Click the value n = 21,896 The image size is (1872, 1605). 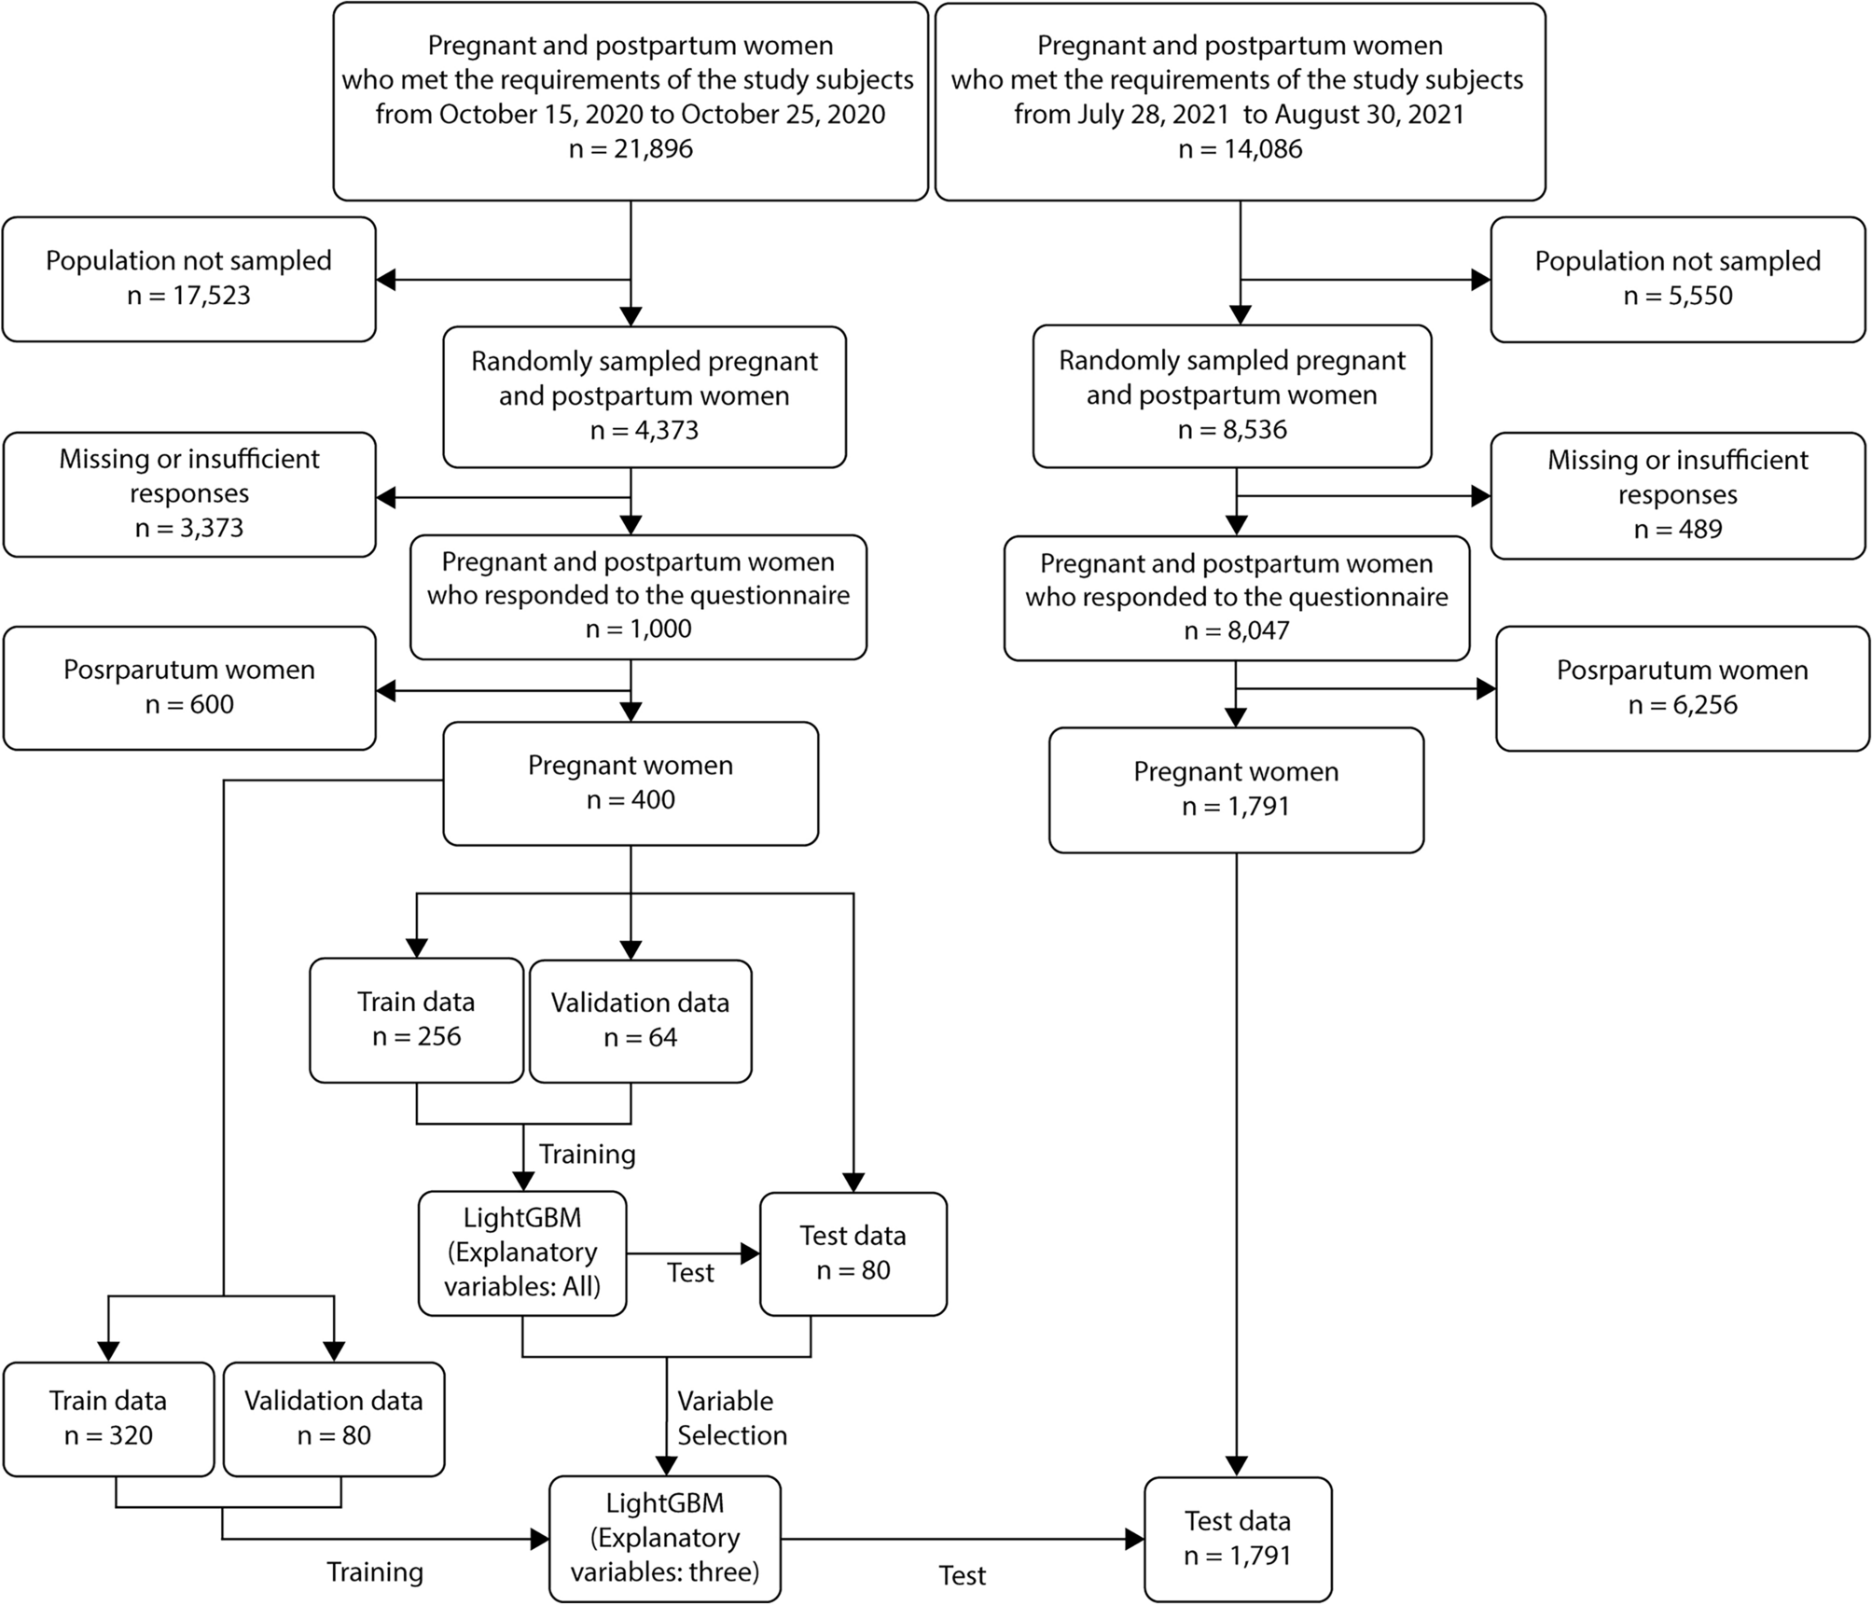pos(631,149)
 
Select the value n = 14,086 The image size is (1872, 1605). pos(1240,149)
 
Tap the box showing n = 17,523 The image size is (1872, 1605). pos(189,279)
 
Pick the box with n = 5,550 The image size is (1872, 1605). pos(1677,279)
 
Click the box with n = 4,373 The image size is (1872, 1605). pos(644,396)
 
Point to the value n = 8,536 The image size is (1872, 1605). pos(1232,430)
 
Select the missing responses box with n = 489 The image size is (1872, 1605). pos(1677,495)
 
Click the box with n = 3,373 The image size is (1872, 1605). pos(189,494)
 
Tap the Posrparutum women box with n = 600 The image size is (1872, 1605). pos(189,687)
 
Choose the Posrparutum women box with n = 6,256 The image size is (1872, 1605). pos(1682,688)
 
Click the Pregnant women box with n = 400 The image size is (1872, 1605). pos(631,783)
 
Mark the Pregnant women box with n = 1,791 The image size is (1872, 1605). pos(1236,790)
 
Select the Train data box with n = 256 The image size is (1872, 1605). pos(416,1020)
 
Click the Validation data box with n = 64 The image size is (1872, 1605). pos(640,1021)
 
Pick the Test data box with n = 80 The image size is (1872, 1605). pos(853,1253)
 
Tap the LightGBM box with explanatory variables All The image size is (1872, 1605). pos(521,1252)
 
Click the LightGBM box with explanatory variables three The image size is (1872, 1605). pos(664,1538)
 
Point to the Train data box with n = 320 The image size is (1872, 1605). pos(108,1418)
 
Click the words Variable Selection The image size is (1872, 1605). pos(731,1418)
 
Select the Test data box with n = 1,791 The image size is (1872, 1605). pos(1237,1539)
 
